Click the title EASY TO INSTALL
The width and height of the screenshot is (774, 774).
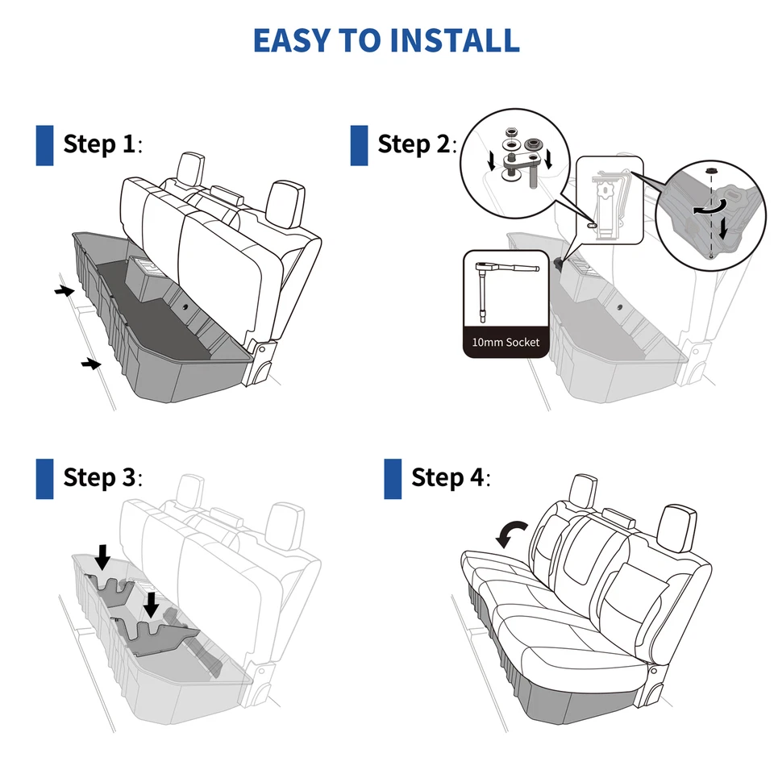386,40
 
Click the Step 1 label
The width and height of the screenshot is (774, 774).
102,145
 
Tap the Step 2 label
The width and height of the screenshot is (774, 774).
416,145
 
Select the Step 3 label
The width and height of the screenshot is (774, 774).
102,477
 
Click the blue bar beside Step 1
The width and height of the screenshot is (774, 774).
44,145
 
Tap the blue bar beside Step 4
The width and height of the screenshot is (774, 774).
393,478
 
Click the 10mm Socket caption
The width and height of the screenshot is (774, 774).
506,343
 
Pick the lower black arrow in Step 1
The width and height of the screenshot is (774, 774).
91,365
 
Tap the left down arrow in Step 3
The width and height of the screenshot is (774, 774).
102,556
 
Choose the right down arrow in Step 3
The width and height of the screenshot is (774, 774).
151,604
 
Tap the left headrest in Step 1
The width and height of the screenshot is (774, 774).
191,167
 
